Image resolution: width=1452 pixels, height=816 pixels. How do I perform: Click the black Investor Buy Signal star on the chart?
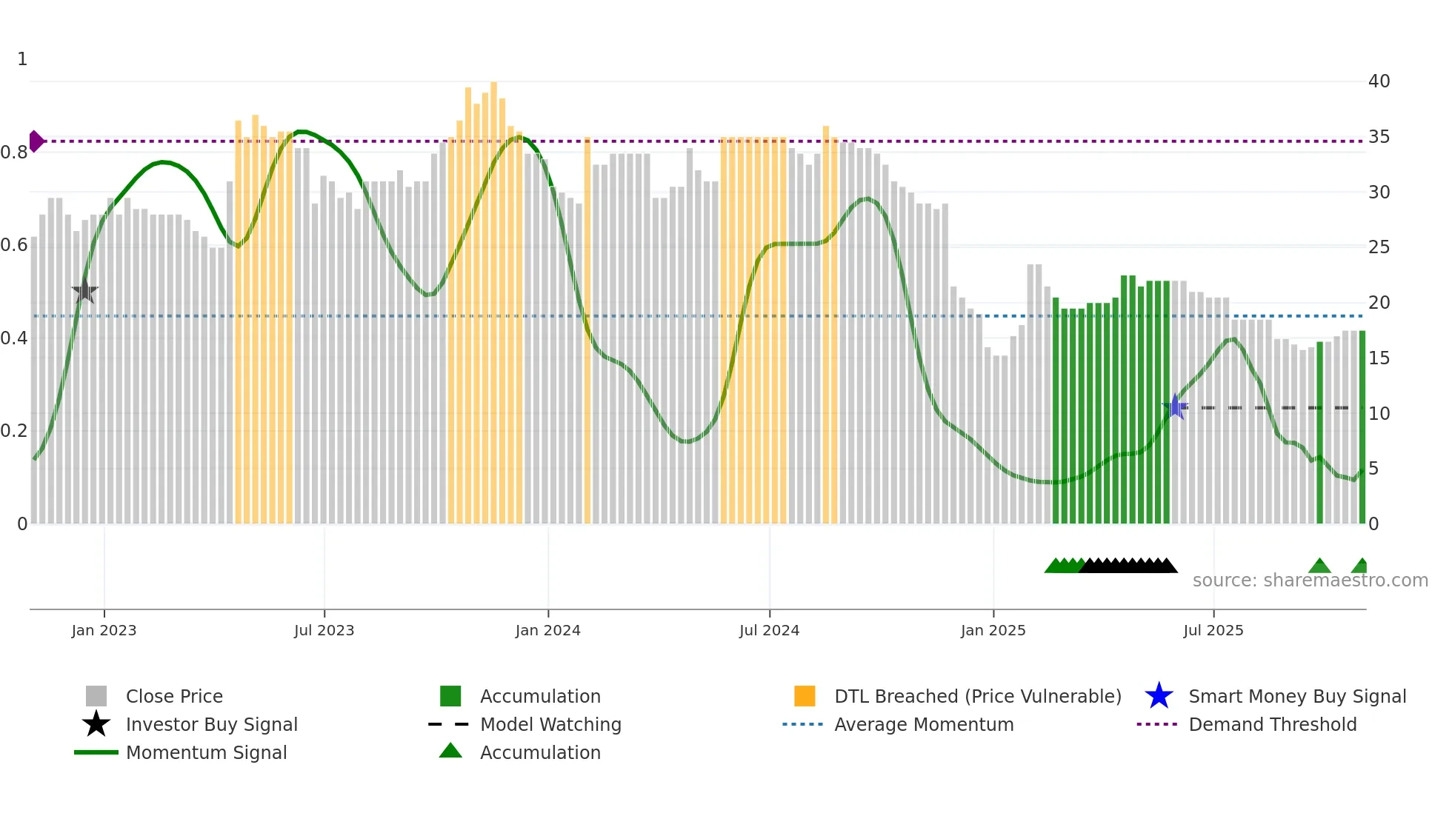[x=85, y=291]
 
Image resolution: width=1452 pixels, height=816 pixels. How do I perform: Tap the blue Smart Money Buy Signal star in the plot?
[x=1175, y=407]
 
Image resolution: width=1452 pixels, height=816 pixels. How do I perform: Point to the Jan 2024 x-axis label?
[x=547, y=630]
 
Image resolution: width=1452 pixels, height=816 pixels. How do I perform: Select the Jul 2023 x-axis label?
[x=324, y=630]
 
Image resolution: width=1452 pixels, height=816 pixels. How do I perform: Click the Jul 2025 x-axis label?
[x=1213, y=630]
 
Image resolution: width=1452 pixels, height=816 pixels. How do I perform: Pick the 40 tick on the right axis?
[x=1379, y=81]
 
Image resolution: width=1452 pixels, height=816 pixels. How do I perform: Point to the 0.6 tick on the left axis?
[x=14, y=245]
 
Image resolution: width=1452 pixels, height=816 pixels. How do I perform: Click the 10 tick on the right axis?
[x=1379, y=413]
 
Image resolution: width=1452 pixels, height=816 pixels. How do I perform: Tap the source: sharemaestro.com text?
[x=1310, y=580]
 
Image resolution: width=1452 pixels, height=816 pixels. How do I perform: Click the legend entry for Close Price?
[x=173, y=696]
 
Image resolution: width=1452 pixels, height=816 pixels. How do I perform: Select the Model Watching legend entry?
[x=550, y=724]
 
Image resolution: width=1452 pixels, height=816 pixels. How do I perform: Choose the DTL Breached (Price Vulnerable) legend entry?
[x=976, y=696]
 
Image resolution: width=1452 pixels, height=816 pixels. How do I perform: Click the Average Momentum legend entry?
[x=923, y=724]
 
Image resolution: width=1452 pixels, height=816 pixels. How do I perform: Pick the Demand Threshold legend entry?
[x=1272, y=724]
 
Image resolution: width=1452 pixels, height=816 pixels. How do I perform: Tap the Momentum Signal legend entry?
[x=206, y=752]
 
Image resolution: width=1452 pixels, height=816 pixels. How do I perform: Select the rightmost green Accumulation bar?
[x=1362, y=429]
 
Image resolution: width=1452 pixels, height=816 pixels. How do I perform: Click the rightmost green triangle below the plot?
[x=1360, y=566]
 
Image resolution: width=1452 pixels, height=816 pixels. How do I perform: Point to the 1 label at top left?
[x=22, y=59]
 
